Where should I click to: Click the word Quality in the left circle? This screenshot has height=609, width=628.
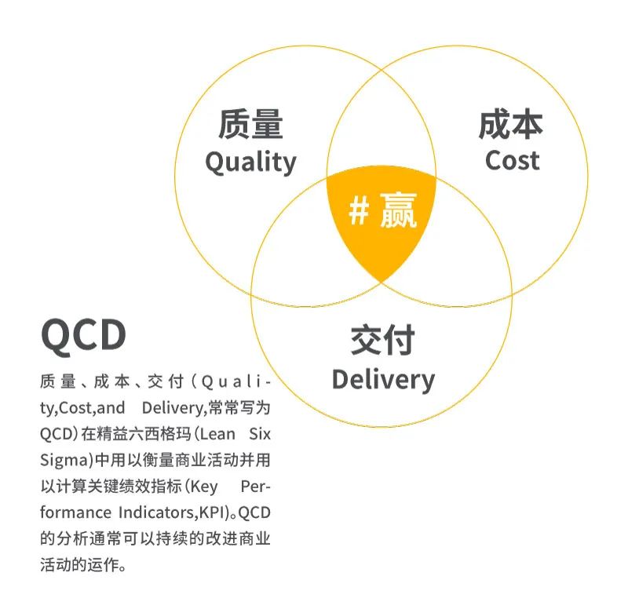point(250,163)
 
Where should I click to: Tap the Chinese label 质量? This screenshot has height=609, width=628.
point(250,124)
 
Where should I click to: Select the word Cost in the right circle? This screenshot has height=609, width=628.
point(513,161)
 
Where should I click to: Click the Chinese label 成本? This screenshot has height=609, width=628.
point(511,124)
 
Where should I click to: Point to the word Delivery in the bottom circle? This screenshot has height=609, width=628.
point(383,380)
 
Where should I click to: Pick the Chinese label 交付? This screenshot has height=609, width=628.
point(382,341)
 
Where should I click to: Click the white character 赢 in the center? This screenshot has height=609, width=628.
point(399,210)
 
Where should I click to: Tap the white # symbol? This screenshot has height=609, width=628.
point(359,211)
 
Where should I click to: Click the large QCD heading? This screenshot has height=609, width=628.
point(84,336)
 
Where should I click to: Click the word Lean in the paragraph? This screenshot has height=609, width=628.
point(217,434)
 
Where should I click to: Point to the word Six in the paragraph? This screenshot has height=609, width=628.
point(260,434)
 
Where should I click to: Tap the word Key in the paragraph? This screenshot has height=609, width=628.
point(204,487)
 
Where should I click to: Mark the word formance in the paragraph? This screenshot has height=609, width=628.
point(75,512)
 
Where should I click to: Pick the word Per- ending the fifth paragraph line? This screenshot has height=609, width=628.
point(256,487)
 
